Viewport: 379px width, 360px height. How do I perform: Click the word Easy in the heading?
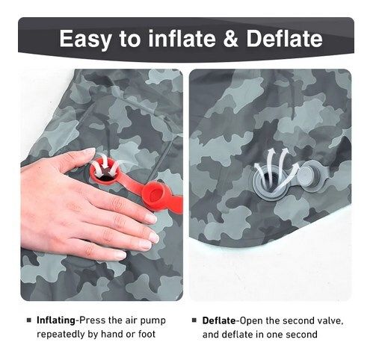[x=85, y=39]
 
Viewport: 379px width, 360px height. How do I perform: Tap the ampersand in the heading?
[x=232, y=39]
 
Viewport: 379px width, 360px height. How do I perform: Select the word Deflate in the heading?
[x=284, y=39]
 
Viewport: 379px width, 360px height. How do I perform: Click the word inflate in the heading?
[x=182, y=39]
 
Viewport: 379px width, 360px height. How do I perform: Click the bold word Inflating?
[x=56, y=320]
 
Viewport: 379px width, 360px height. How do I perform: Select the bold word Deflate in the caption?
[x=219, y=320]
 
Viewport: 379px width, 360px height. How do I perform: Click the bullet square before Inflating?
[x=29, y=320]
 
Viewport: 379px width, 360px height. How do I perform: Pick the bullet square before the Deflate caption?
[x=194, y=320]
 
